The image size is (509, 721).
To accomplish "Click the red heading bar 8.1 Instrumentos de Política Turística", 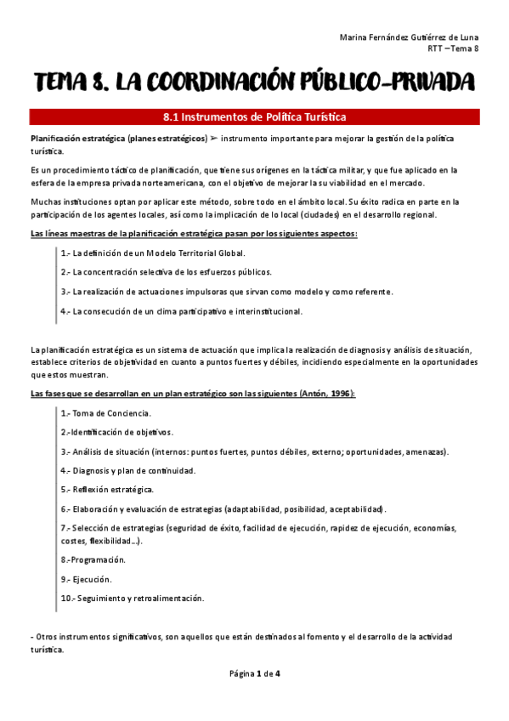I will pyautogui.click(x=255, y=117).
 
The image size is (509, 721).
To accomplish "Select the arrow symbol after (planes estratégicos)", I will pyautogui.click(x=216, y=137).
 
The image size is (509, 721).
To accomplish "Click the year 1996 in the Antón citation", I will pyautogui.click(x=338, y=394).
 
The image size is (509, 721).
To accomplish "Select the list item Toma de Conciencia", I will pyautogui.click(x=111, y=413).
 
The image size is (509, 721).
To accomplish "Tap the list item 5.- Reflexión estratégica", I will pyautogui.click(x=107, y=490).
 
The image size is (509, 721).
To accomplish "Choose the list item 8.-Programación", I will pyautogui.click(x=93, y=559).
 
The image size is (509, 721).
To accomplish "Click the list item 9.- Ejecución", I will pyautogui.click(x=86, y=579).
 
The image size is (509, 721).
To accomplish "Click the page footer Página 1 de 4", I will pyautogui.click(x=255, y=673).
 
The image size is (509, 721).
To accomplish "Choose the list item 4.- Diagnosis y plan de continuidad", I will pyautogui.click(x=128, y=470).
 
